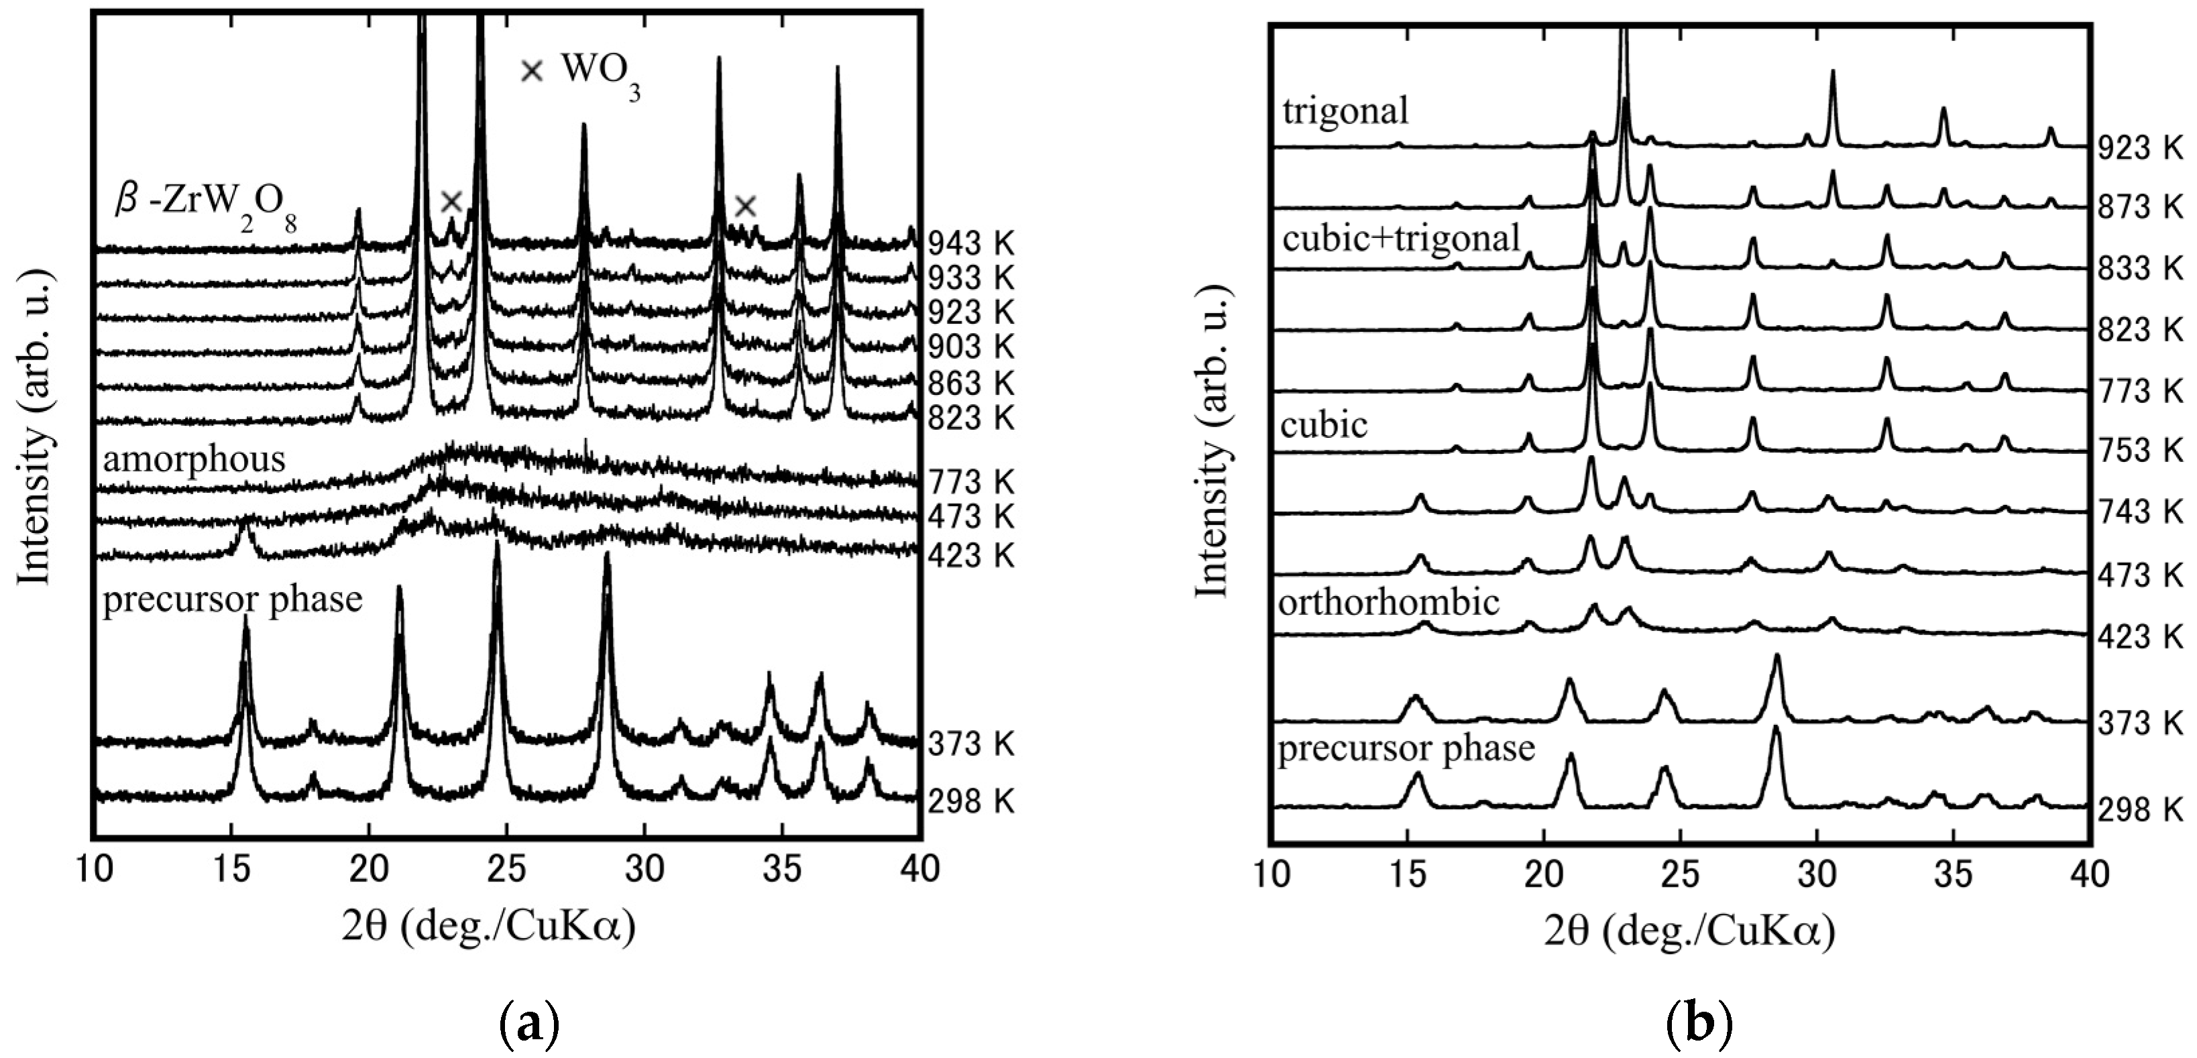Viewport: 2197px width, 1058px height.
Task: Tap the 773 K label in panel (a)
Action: (x=970, y=483)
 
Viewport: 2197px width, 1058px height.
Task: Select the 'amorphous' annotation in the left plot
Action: (x=194, y=459)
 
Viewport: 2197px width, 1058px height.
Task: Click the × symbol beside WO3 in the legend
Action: (x=531, y=71)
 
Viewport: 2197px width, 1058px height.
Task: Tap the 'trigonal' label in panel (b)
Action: (x=1345, y=111)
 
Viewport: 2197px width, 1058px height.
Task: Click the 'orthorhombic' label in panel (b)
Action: (x=1388, y=603)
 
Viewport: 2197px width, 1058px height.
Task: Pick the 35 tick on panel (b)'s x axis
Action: (x=1953, y=874)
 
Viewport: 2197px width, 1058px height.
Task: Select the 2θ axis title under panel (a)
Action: (x=489, y=927)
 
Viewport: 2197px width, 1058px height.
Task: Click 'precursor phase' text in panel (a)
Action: (x=232, y=599)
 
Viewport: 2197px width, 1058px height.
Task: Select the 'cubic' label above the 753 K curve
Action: (x=1324, y=424)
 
